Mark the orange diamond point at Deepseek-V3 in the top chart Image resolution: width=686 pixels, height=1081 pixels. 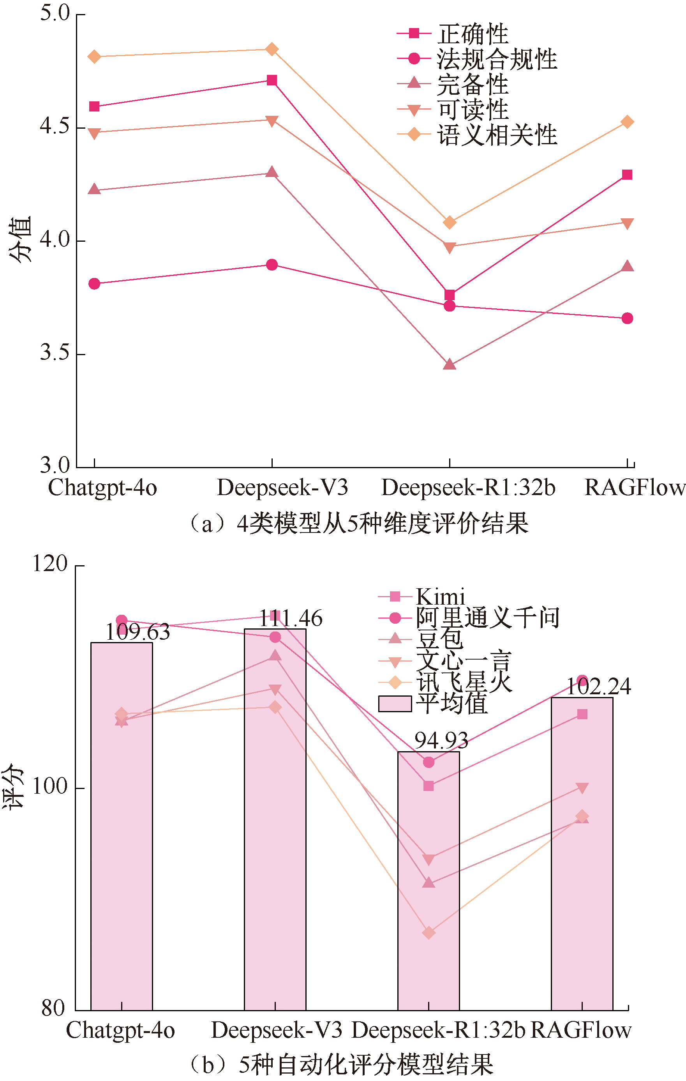pos(272,49)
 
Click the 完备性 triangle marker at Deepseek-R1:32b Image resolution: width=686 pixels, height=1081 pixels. pos(450,364)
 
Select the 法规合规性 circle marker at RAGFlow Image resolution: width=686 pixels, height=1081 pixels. pos(627,318)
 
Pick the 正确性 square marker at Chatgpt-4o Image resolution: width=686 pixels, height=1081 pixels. pos(94,106)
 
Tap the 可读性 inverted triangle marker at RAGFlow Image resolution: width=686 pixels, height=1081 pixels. pos(627,223)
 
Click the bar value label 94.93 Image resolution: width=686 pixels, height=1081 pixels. pos(441,740)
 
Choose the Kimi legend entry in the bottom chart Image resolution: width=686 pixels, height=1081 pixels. pos(440,596)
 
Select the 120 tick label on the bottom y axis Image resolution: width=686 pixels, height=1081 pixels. pos(50,563)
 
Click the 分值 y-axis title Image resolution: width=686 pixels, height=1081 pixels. pos(20,239)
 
